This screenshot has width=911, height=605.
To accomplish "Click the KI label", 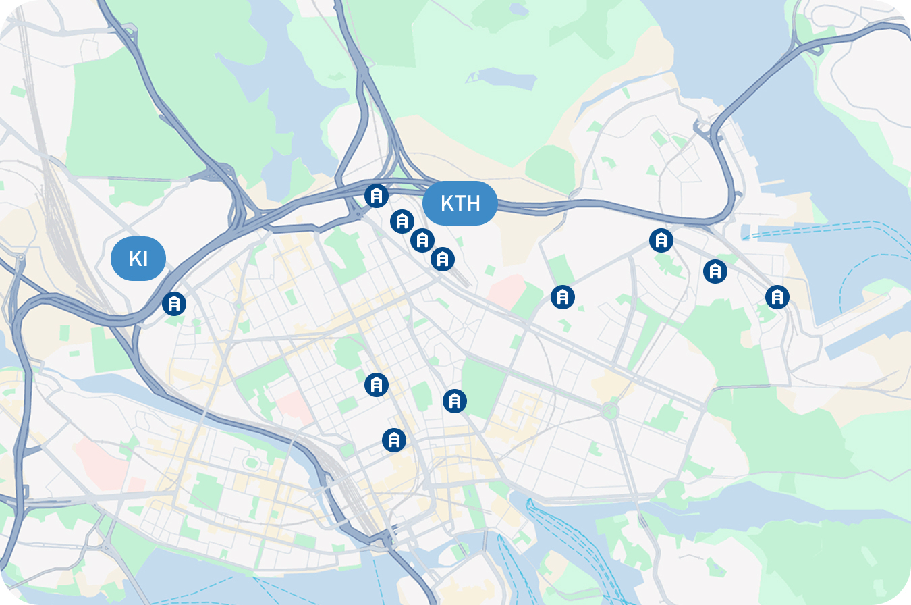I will pyautogui.click(x=138, y=259).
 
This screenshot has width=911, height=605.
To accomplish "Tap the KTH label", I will pyautogui.click(x=460, y=203).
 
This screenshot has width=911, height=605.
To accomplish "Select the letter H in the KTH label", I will pyautogui.click(x=474, y=203).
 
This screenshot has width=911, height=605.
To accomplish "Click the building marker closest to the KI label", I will pyautogui.click(x=174, y=304).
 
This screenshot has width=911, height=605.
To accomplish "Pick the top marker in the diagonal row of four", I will pyautogui.click(x=377, y=196).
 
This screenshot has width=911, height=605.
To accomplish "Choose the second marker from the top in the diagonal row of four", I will pyautogui.click(x=402, y=221).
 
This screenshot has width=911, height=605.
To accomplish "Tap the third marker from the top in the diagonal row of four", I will pyautogui.click(x=422, y=240).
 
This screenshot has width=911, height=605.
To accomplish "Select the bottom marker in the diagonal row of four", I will pyautogui.click(x=443, y=259).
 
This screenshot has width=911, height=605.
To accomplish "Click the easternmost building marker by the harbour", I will pyautogui.click(x=777, y=296).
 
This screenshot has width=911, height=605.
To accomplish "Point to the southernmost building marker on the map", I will pyautogui.click(x=394, y=440).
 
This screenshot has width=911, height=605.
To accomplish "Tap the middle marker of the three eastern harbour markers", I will pyautogui.click(x=715, y=271).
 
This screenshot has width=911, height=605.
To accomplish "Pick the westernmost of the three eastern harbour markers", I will pyautogui.click(x=661, y=240).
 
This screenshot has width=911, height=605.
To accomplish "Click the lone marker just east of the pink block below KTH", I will pyautogui.click(x=563, y=296).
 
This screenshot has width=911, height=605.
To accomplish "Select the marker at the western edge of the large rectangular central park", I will pyautogui.click(x=455, y=401).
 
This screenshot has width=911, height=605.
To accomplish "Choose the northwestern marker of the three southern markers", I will pyautogui.click(x=377, y=385).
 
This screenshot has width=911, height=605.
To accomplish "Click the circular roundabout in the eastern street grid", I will pyautogui.click(x=610, y=410).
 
